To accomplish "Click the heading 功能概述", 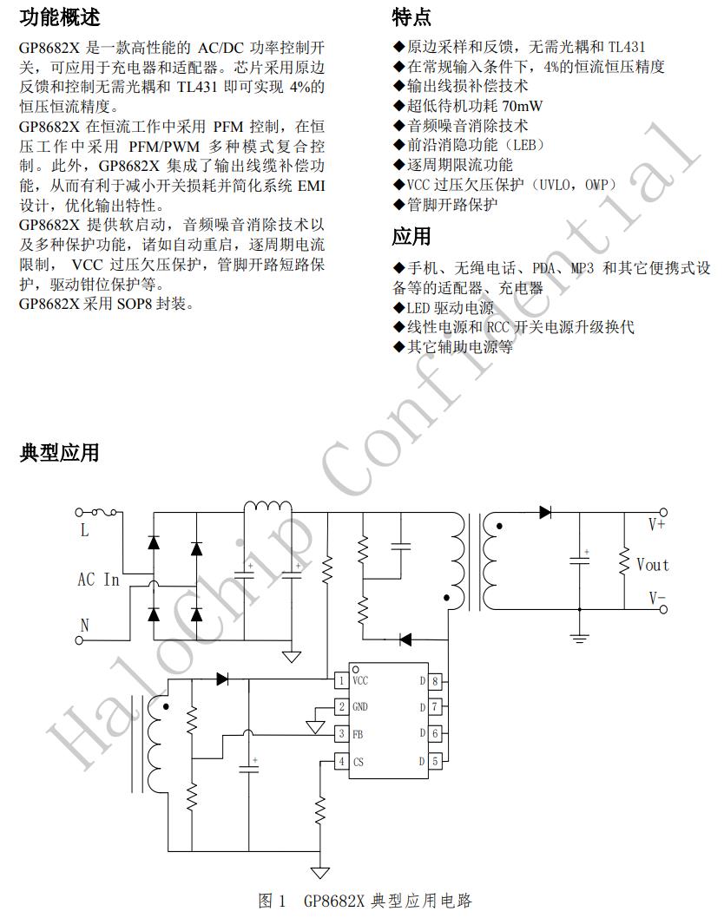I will click(59, 17).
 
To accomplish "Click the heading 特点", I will click(411, 17).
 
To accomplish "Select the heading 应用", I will click(411, 236).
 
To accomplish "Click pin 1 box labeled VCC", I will click(342, 680).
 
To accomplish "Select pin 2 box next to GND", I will click(342, 707).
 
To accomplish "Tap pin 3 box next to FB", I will click(342, 734).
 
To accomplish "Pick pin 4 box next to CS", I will click(342, 761).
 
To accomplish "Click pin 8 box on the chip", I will click(434, 680).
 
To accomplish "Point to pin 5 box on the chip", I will click(434, 761).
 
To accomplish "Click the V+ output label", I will click(656, 525).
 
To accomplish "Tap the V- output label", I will click(656, 598).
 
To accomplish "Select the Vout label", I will click(652, 565).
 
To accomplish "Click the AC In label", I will click(98, 580).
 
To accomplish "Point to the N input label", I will click(84, 625).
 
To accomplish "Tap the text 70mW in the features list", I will click(524, 106).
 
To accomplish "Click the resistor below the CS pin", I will click(320, 812).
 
